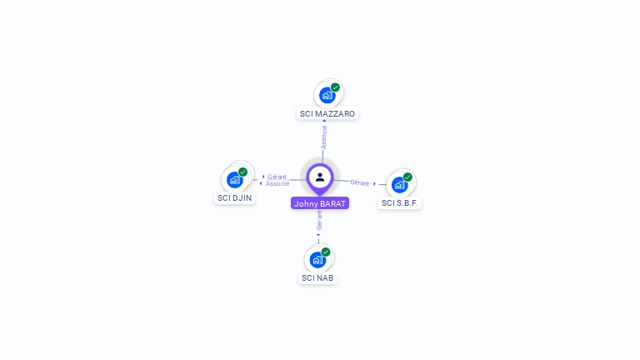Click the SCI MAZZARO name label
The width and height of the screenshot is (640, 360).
[327, 113]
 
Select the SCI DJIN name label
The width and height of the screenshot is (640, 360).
[234, 198]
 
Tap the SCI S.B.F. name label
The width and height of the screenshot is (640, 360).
[400, 202]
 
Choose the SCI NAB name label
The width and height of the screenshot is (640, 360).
[317, 277]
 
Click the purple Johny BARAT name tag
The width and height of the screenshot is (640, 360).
[320, 203]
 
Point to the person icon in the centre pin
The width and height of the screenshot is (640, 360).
[320, 177]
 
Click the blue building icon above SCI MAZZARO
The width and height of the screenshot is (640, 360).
[327, 95]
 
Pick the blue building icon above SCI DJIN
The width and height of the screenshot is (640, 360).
[234, 179]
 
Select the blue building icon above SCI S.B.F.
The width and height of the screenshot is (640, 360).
[399, 184]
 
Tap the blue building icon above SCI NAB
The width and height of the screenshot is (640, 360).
[317, 259]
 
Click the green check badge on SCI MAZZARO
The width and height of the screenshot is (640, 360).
[335, 87]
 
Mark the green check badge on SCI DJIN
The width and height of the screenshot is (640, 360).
[242, 172]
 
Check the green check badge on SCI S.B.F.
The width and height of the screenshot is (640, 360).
[407, 177]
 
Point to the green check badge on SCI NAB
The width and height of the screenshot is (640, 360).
[326, 252]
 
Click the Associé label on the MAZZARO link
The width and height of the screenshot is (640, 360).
[324, 137]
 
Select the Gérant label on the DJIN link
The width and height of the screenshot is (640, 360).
[277, 177]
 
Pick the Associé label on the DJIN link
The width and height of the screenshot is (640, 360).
[278, 183]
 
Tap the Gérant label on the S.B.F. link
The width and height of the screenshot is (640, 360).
[360, 182]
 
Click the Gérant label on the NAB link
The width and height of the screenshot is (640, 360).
[319, 220]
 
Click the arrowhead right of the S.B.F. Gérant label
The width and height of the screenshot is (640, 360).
[375, 183]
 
